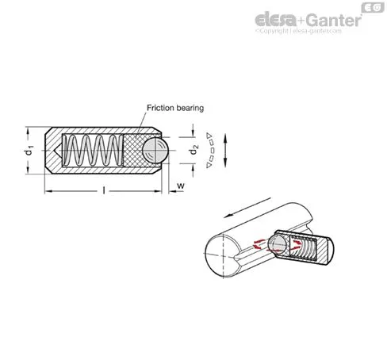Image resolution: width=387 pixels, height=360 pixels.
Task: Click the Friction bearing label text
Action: coord(175,108)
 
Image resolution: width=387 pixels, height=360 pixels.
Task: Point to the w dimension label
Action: coord(181,186)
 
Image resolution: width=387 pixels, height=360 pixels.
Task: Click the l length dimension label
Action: coord(104,190)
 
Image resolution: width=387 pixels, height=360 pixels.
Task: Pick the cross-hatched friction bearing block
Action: coord(135,151)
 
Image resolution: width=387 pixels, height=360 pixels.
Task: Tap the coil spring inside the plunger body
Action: coord(93,151)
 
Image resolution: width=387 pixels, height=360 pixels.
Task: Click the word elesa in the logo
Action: coord(275,19)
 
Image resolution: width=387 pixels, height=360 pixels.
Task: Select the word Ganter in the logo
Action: coord(334,20)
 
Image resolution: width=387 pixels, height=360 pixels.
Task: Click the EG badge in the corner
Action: coord(373,7)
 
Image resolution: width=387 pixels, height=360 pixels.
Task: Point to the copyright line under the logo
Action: coord(298,31)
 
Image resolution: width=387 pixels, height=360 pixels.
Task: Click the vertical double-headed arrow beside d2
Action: coord(225,150)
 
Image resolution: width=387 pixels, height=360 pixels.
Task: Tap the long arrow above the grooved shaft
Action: coord(247,208)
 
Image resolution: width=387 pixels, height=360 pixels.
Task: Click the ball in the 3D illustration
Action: coord(277,243)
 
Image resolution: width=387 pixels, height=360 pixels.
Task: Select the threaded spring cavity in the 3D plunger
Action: coord(303,247)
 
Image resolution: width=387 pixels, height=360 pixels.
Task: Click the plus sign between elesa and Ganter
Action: coord(301,21)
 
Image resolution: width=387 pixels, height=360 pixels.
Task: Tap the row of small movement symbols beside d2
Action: coord(210,150)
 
